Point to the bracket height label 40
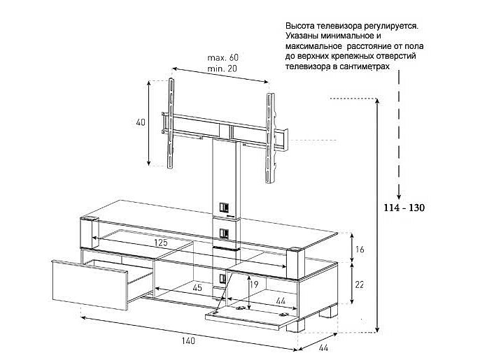point(141,122)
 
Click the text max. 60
point(222,57)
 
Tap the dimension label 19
point(255,285)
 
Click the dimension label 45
point(199,288)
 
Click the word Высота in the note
point(300,26)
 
